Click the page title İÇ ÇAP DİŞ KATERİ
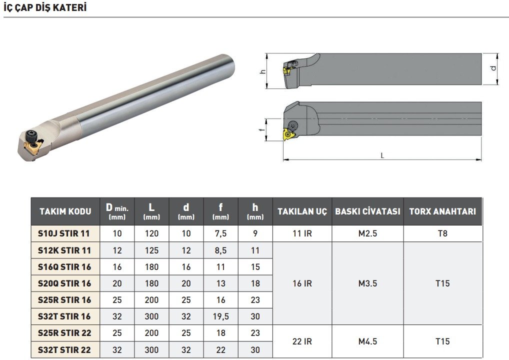[x=45, y=7]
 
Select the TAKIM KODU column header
[x=65, y=211]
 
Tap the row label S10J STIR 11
[x=63, y=233]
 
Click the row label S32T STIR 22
[x=64, y=349]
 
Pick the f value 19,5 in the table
[x=220, y=316]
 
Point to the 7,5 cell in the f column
[x=220, y=233]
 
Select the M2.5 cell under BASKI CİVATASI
[x=367, y=233]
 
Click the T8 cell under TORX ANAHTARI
[x=442, y=233]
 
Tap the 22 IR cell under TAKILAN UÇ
[x=302, y=341]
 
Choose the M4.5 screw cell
[x=367, y=341]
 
